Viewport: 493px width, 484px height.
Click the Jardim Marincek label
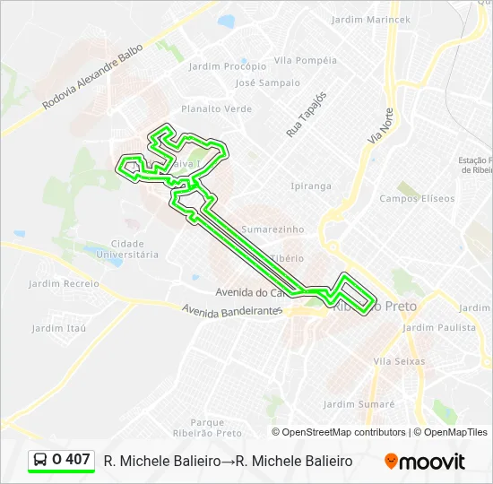(x=370, y=19)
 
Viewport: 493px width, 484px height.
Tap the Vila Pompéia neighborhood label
(x=306, y=60)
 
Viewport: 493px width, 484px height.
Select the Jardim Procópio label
(x=228, y=65)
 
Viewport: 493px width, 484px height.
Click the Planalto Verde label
(x=216, y=108)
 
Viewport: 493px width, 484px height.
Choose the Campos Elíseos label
(x=417, y=198)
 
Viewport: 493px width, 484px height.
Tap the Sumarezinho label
(x=272, y=229)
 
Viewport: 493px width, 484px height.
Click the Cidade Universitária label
(x=134, y=248)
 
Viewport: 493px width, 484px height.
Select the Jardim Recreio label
(x=64, y=283)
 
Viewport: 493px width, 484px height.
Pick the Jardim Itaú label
(x=59, y=328)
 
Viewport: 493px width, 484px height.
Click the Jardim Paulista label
(x=439, y=327)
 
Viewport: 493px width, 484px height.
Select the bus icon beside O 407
(x=41, y=460)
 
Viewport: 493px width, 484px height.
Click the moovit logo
(x=425, y=461)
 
